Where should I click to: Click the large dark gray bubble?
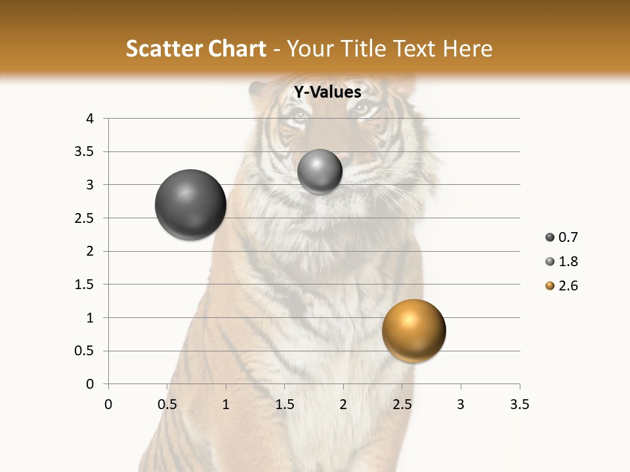(190, 205)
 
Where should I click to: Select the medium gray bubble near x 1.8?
(320, 172)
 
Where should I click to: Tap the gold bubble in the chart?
(413, 331)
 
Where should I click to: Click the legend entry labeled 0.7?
(562, 237)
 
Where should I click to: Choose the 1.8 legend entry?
(562, 262)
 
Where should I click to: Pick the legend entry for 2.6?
(562, 286)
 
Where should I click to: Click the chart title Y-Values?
(327, 92)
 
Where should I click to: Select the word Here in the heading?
(467, 49)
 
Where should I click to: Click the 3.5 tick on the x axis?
(519, 404)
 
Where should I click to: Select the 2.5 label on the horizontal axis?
(402, 404)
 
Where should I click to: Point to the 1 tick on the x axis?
(226, 404)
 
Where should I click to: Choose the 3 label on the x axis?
(461, 404)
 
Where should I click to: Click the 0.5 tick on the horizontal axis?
(167, 404)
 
